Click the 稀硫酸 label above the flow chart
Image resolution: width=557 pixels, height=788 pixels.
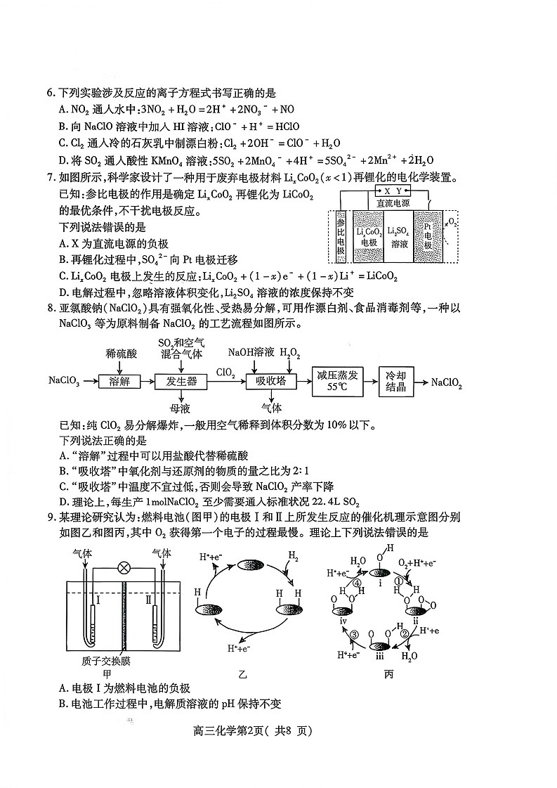coord(120,352)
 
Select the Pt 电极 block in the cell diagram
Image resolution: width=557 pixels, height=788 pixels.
coord(428,235)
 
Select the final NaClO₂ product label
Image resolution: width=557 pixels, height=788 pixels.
coord(446,382)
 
